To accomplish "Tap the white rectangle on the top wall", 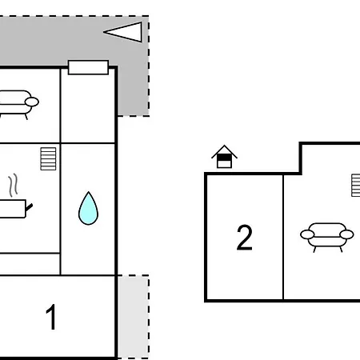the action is click(88, 67).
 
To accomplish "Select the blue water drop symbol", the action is click(88, 209).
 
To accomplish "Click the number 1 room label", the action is click(51, 317).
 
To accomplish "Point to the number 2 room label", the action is click(244, 237).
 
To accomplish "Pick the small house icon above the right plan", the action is click(224, 157).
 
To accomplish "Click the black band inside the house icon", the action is click(224, 158).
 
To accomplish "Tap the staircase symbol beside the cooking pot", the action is click(48, 158).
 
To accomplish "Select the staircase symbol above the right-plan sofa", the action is click(356, 186).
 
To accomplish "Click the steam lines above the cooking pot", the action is click(13, 185).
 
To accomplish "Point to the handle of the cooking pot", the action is click(29, 207).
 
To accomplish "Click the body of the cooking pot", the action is click(13, 209).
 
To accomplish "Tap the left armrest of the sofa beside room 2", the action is click(307, 234).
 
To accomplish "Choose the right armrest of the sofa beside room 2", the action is click(346, 234).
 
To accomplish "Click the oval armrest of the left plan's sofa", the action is click(32, 102).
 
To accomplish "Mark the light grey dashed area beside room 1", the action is click(134, 317).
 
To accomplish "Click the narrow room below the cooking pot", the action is click(30, 264).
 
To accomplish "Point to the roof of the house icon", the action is click(224, 152).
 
